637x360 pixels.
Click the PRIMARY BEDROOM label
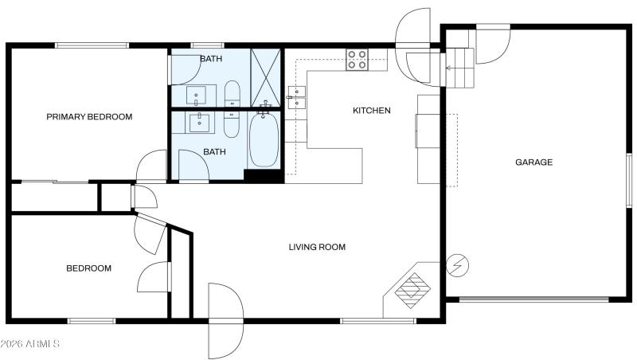click(89, 117)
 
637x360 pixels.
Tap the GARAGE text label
click(533, 162)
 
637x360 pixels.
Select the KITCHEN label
click(372, 111)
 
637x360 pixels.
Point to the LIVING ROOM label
click(317, 247)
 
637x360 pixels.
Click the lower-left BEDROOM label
click(88, 268)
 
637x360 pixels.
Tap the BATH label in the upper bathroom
click(211, 59)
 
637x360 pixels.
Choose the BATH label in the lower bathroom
click(214, 152)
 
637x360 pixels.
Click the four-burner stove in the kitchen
click(357, 59)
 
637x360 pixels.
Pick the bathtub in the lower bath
click(263, 140)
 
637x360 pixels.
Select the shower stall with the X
click(266, 78)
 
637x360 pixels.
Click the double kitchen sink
click(296, 96)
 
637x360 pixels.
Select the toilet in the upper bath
click(232, 93)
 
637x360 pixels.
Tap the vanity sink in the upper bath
click(197, 95)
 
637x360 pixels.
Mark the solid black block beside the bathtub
click(264, 176)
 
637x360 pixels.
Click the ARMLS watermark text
click(30, 343)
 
